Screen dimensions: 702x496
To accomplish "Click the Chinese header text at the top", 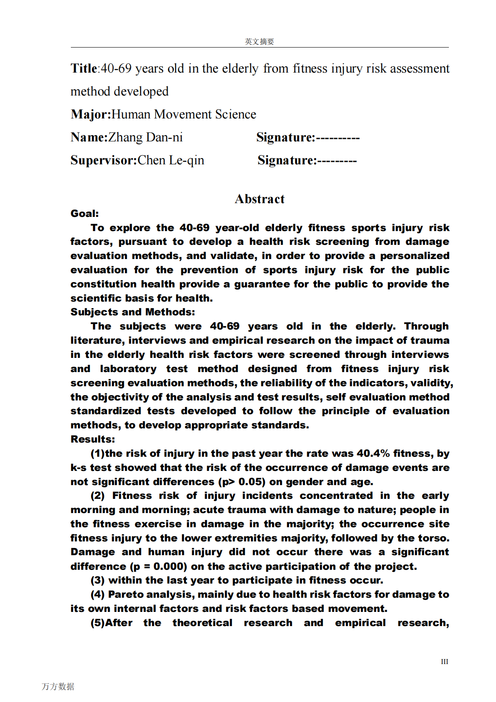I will [x=259, y=41].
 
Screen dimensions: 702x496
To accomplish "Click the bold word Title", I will [x=84, y=68].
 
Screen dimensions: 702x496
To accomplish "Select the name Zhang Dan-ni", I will [x=145, y=137].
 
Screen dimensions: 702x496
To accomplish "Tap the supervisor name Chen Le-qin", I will [x=171, y=160].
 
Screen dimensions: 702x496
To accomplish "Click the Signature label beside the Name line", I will [x=286, y=137].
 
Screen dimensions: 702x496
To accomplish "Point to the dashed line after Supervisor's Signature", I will [x=337, y=161].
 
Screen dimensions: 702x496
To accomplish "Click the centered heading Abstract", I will [x=259, y=199].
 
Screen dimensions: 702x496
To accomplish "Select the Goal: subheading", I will [x=85, y=214].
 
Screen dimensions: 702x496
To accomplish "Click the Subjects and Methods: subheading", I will [x=133, y=312].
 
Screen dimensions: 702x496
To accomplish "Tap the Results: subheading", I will [x=93, y=439].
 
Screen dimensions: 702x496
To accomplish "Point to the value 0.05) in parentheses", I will [x=252, y=482].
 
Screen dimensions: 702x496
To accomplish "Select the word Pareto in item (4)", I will [x=125, y=594].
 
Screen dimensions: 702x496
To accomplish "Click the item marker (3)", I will [x=98, y=580].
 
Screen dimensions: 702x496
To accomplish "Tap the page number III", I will [x=444, y=662].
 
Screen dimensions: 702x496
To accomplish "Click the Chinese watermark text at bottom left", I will [x=58, y=686].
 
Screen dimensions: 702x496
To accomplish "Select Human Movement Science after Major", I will [x=184, y=114].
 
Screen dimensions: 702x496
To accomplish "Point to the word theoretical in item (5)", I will [x=203, y=623].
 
